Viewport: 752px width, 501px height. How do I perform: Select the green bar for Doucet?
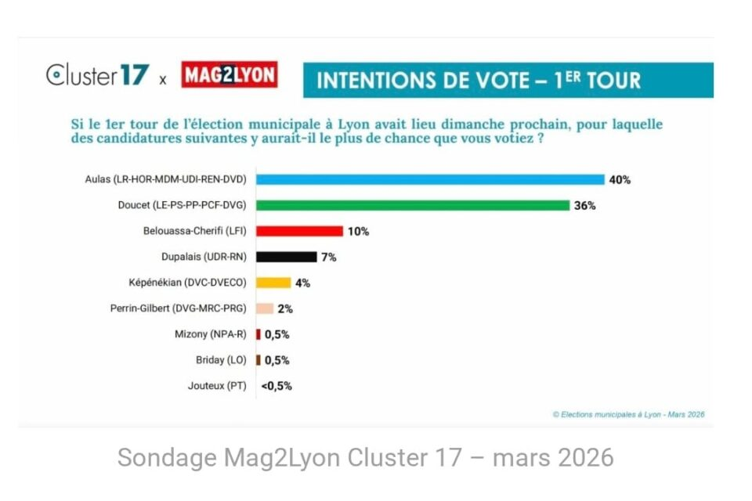[x=413, y=205]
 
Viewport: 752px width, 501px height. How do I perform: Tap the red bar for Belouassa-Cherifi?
[x=300, y=231]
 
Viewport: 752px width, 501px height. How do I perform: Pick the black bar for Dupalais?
[x=287, y=257]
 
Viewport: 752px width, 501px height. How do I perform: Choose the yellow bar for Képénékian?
[x=273, y=283]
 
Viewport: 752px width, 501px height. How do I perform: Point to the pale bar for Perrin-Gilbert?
[x=265, y=308]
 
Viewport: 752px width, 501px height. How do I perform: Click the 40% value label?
[x=620, y=179]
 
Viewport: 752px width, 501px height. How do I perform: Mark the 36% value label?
[x=585, y=206]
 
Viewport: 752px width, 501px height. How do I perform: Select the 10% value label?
[x=359, y=232]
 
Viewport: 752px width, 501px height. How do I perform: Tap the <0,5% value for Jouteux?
[x=277, y=386]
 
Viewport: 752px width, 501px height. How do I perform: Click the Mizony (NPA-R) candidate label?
[x=210, y=334]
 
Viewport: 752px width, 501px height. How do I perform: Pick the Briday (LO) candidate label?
[x=221, y=360]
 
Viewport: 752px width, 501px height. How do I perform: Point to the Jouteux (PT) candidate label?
[x=217, y=386]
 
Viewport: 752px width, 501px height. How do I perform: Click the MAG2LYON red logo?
[x=229, y=76]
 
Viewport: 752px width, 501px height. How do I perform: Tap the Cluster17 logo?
[x=97, y=76]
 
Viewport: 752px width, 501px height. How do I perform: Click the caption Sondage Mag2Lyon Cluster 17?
[x=365, y=458]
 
